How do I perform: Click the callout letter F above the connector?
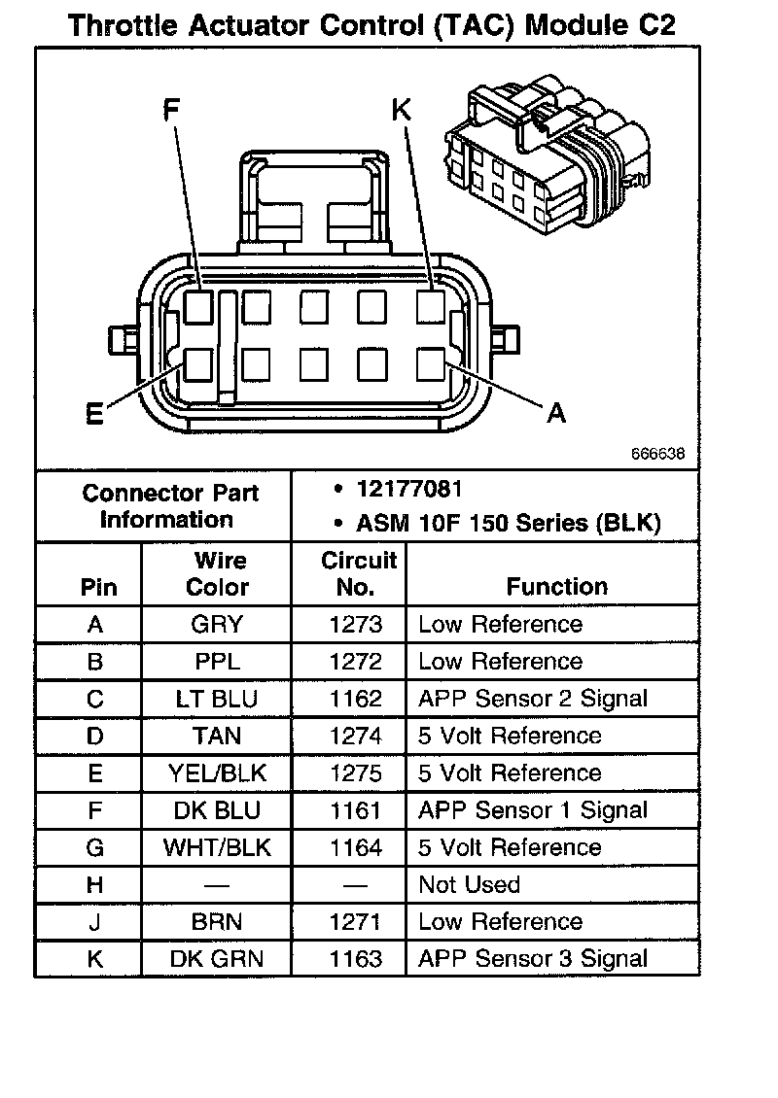pyautogui.click(x=172, y=110)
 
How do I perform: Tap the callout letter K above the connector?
pyautogui.click(x=401, y=110)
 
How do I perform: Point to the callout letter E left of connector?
pyautogui.click(x=93, y=415)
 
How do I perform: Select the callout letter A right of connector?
pyautogui.click(x=555, y=414)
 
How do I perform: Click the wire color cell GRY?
pyautogui.click(x=217, y=625)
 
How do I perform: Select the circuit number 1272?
pyautogui.click(x=356, y=662)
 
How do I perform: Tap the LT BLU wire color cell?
pyautogui.click(x=217, y=699)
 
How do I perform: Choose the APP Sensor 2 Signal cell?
pyautogui.click(x=532, y=699)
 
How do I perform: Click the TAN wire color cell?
pyautogui.click(x=217, y=736)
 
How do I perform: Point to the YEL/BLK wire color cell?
pyautogui.click(x=217, y=773)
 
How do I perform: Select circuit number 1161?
pyautogui.click(x=356, y=810)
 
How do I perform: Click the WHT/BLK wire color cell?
pyautogui.click(x=217, y=847)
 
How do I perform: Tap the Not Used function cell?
pyautogui.click(x=469, y=885)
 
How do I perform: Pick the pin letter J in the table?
pyautogui.click(x=94, y=922)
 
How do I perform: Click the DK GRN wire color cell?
pyautogui.click(x=217, y=959)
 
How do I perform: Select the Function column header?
pyautogui.click(x=556, y=587)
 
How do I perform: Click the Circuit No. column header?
pyautogui.click(x=359, y=573)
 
